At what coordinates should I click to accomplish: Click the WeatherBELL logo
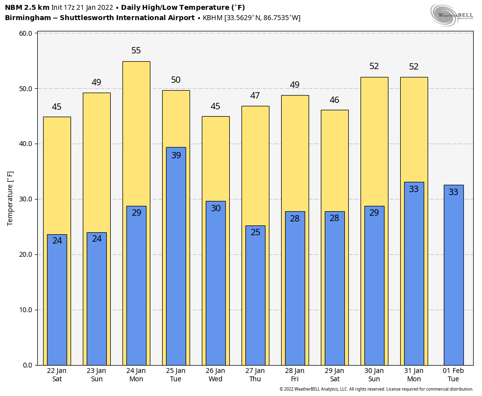(x=452, y=14)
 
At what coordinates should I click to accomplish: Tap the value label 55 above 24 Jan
(x=136, y=50)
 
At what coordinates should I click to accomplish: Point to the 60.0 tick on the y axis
(x=26, y=33)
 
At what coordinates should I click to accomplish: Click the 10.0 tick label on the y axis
(x=26, y=310)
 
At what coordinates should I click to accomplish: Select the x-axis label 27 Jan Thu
(x=255, y=375)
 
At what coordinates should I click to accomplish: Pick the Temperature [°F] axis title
(x=10, y=198)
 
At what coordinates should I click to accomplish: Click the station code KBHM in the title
(x=213, y=18)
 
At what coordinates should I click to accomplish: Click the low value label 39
(x=176, y=155)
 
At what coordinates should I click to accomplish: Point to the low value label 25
(x=255, y=232)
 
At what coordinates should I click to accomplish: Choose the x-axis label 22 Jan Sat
(x=57, y=375)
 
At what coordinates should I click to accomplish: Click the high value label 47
(x=255, y=96)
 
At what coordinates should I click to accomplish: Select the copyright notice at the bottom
(x=376, y=389)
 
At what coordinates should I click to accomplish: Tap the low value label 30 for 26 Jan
(x=216, y=208)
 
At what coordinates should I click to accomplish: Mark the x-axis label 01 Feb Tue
(x=453, y=375)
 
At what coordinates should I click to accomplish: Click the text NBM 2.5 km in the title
(x=27, y=7)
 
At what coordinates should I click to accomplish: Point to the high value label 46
(x=334, y=100)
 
